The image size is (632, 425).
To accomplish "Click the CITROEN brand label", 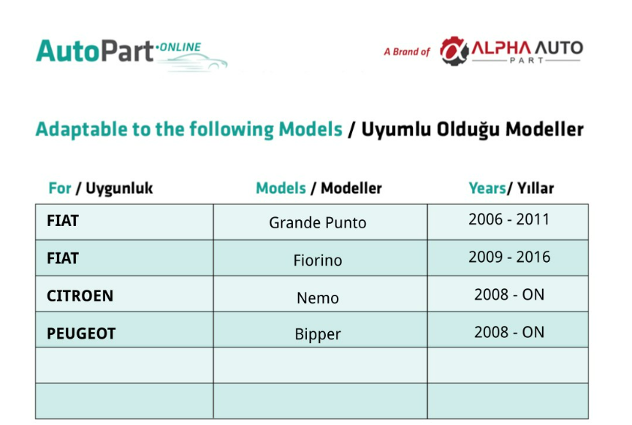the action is (80, 296).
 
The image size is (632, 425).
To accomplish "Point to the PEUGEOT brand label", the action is (81, 334).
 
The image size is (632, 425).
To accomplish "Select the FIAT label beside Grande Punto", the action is (63, 221).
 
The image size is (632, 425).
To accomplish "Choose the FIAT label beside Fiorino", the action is (63, 258).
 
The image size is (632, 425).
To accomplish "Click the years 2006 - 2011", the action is (509, 219).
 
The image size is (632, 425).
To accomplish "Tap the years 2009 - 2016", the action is (509, 257).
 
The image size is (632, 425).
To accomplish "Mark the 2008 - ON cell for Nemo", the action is (509, 295).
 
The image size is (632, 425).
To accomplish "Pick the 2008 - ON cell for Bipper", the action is (509, 332).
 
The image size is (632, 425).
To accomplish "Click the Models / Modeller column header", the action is (319, 188).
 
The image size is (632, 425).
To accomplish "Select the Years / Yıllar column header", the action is (511, 188).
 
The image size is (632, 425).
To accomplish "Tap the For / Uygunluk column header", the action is (100, 189).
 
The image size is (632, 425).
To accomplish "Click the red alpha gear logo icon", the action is (454, 51).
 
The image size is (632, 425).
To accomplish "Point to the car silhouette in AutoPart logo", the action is (193, 63).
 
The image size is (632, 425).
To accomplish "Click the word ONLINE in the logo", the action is (180, 48).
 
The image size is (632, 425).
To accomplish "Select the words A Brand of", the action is (407, 52).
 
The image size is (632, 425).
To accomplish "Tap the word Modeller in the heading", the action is (544, 129).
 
